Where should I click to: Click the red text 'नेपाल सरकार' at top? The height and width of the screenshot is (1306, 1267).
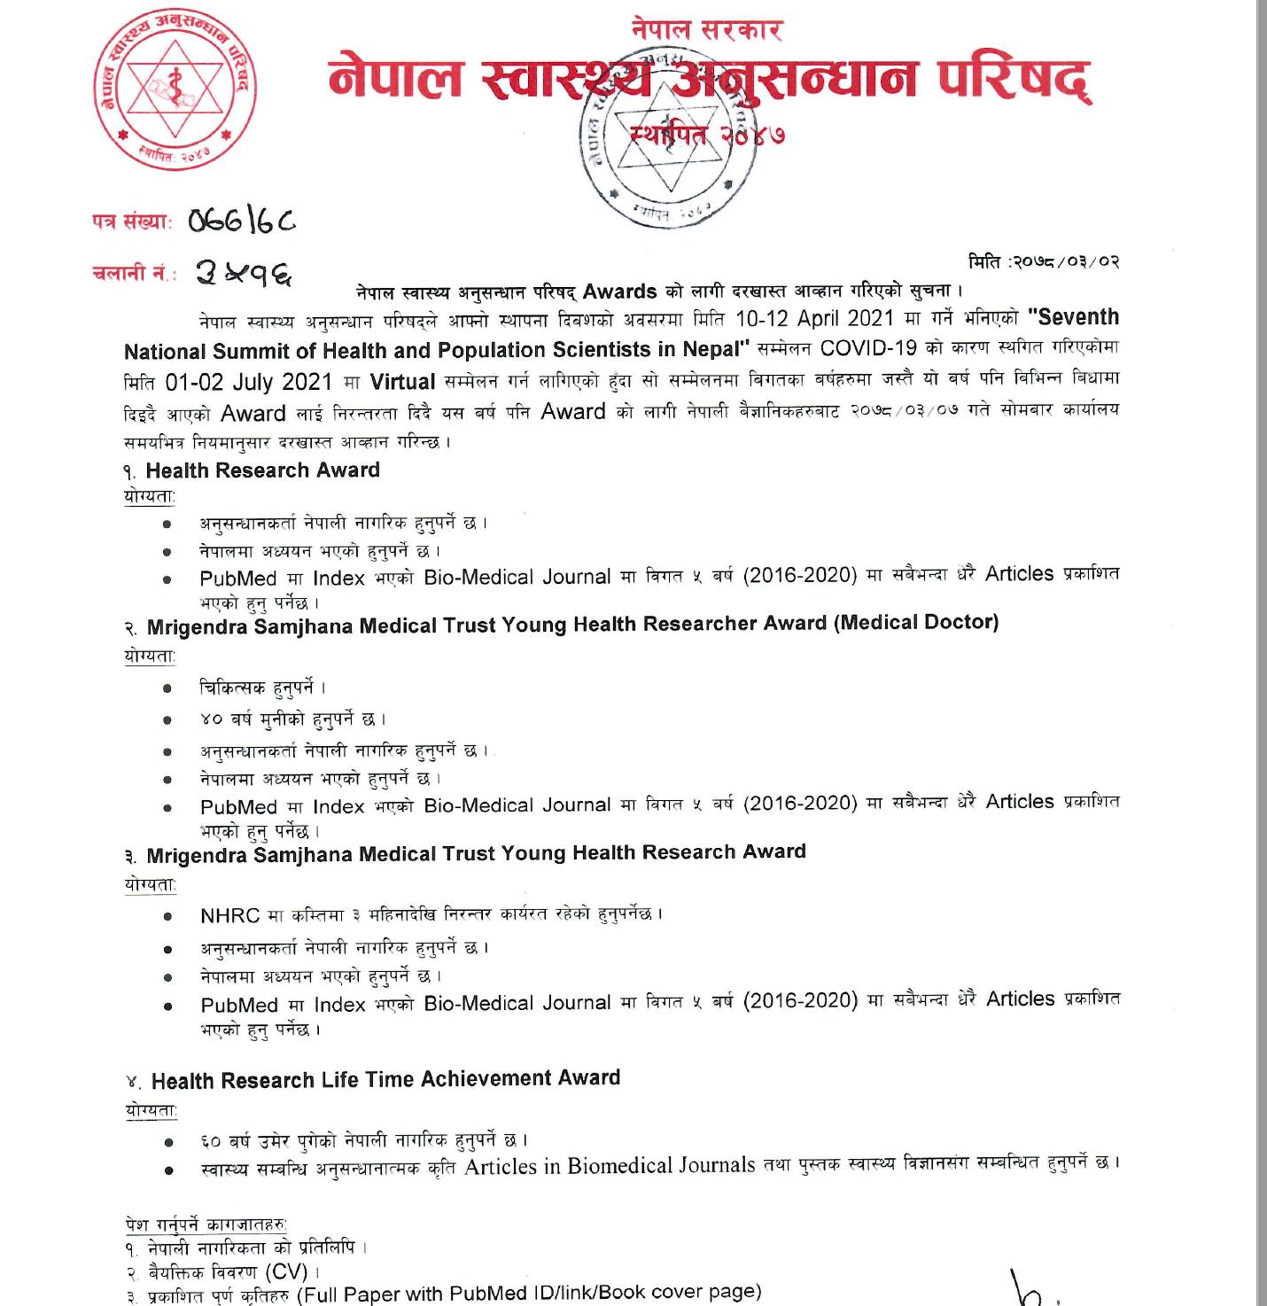click(707, 30)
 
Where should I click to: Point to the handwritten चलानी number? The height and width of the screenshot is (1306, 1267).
click(244, 273)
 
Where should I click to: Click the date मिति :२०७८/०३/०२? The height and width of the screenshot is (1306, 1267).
click(1044, 261)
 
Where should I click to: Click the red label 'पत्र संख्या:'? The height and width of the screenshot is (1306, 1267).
click(132, 222)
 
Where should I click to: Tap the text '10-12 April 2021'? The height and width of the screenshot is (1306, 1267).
click(814, 318)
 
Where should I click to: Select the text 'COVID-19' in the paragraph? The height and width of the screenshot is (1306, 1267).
click(868, 347)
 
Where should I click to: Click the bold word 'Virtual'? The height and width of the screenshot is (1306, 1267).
click(402, 382)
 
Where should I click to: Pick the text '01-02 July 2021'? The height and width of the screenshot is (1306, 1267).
click(248, 383)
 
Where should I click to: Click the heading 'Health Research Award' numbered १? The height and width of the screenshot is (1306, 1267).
click(262, 470)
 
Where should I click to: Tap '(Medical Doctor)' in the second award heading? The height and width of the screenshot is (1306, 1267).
click(915, 622)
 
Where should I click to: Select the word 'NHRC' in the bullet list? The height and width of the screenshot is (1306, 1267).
click(229, 916)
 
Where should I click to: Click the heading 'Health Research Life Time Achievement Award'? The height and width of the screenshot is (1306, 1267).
click(385, 1080)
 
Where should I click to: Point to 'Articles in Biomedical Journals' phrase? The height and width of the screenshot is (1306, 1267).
click(610, 1166)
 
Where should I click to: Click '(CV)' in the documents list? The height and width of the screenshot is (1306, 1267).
click(287, 1271)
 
